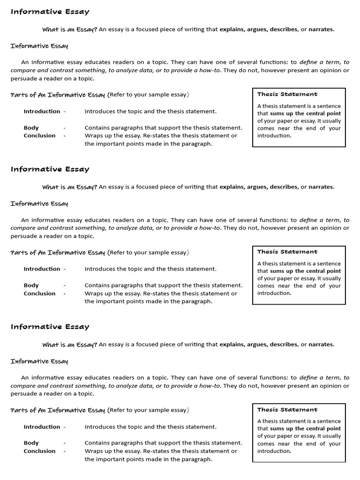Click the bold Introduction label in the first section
click(x=42, y=112)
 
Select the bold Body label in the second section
click(x=31, y=285)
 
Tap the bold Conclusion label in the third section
click(x=39, y=451)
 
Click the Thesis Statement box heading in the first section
click(x=287, y=94)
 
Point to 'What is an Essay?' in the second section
click(x=69, y=187)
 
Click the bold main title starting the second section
click(x=50, y=169)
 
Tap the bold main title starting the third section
click(x=50, y=327)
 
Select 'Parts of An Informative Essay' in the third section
click(x=58, y=410)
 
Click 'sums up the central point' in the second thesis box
click(x=305, y=271)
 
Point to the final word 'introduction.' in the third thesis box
click(x=274, y=451)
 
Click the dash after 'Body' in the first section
click(x=64, y=128)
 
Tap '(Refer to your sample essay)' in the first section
click(x=148, y=95)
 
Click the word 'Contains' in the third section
click(x=97, y=443)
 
